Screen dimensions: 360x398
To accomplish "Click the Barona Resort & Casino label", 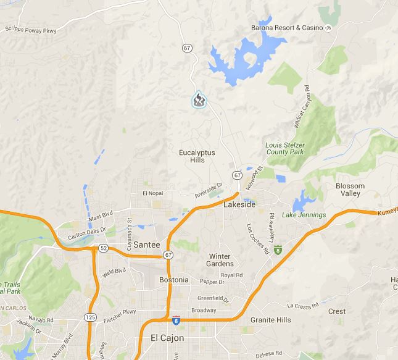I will [x=286, y=28].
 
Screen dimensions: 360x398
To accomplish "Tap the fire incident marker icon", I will [x=199, y=100].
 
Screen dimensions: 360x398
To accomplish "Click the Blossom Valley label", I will [x=350, y=190].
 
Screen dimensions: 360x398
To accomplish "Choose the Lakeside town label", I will [x=239, y=204].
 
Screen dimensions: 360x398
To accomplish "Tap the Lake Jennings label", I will [x=304, y=215].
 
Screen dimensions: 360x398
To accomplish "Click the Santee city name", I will [x=146, y=244].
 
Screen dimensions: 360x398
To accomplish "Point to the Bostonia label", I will [x=173, y=280].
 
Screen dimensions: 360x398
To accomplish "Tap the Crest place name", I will [x=337, y=312].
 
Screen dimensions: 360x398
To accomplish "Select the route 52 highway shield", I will [x=102, y=248].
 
